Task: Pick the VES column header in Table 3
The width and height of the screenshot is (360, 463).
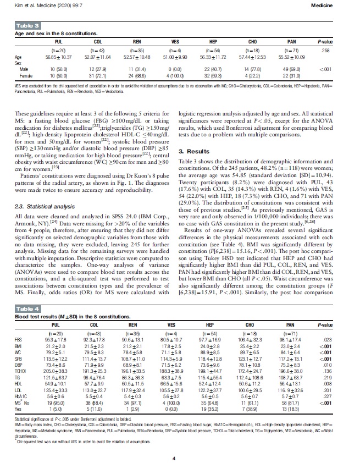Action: (x=175, y=41)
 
